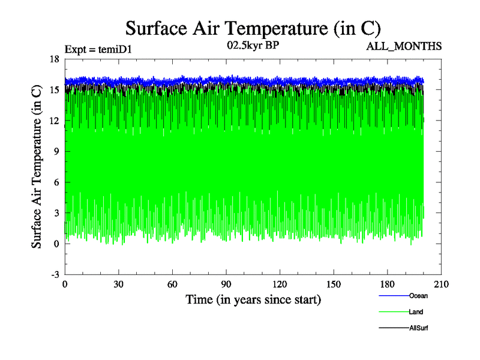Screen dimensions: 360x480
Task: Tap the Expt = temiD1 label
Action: coord(98,49)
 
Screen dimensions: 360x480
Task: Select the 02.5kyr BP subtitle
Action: coord(253,44)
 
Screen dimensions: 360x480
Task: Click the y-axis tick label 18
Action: coord(54,59)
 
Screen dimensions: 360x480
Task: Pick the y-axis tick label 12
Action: coord(54,121)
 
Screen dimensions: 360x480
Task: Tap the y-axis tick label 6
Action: coord(56,182)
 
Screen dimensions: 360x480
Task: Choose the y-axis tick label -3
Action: coord(55,274)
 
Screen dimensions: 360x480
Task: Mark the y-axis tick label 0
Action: coord(56,244)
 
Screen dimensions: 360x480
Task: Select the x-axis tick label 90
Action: coord(226,284)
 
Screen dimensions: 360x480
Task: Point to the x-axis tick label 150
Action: coord(334,284)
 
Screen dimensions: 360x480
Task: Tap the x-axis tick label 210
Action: coord(441,284)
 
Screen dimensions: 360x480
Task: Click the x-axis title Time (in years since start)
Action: coord(253,299)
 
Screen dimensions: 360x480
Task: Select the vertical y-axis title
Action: coord(37,166)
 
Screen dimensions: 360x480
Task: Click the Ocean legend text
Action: coord(418,296)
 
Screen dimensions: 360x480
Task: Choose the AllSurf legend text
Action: coord(419,328)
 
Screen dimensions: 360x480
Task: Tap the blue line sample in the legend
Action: coord(394,296)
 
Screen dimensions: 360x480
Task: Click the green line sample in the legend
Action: coord(394,312)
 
